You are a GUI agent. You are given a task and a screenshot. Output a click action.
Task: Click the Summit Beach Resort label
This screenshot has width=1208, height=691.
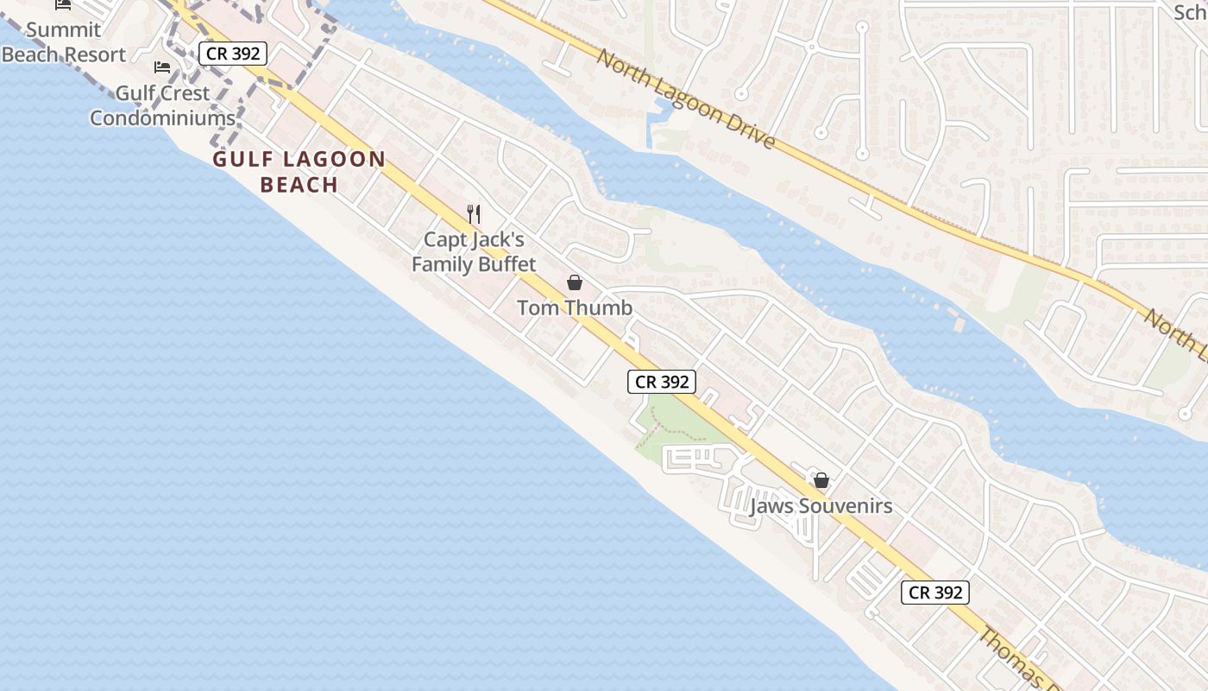coord(64,41)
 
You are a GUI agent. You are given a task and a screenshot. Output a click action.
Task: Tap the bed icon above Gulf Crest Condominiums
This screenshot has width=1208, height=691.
coord(162,67)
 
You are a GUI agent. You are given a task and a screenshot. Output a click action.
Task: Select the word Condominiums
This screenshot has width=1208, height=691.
coord(162,118)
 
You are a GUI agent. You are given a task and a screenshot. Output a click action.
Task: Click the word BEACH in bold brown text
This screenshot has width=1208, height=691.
coord(299,185)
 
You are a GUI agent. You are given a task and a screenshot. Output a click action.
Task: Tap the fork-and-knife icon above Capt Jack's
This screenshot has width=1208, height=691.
coord(473,213)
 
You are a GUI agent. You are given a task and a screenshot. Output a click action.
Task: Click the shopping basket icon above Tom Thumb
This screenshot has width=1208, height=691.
coord(575,282)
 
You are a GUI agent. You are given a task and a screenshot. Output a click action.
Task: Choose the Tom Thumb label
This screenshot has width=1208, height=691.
coord(575,307)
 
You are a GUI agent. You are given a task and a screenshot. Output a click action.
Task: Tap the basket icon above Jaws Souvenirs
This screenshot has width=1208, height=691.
coord(821,480)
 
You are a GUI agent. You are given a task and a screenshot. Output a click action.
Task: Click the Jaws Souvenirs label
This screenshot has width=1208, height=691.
coord(821,506)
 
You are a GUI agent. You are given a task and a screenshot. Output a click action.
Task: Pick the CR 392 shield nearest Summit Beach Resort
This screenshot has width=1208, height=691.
coord(232,54)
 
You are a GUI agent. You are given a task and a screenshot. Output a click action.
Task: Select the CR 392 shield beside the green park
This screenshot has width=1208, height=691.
coord(662,382)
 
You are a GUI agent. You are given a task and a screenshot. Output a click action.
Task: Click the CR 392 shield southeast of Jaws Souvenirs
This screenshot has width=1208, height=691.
coord(936,593)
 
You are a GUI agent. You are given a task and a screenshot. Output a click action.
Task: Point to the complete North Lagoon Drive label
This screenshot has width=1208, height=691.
coord(686,98)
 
